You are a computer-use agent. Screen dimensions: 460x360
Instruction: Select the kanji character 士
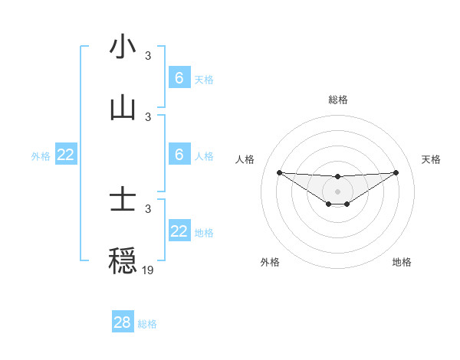123,200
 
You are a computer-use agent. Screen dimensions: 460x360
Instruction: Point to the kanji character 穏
123,261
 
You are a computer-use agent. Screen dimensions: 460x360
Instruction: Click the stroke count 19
148,270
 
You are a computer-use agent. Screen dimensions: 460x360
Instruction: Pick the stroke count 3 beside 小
148,55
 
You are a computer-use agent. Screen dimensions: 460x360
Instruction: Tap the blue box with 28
123,322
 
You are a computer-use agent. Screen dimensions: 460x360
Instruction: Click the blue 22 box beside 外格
66,155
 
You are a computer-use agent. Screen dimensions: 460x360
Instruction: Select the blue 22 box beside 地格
179,231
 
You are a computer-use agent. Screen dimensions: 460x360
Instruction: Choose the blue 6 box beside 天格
179,78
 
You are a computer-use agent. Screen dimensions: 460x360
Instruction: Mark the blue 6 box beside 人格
179,155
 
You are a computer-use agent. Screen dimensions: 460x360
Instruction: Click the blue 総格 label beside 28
147,324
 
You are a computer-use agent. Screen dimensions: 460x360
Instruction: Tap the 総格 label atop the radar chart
337,100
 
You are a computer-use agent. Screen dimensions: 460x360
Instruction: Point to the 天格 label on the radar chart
431,159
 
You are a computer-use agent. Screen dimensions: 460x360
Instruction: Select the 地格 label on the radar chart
402,262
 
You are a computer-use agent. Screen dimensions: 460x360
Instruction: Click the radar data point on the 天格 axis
396,172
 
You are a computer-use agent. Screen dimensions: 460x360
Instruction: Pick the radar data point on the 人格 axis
279,172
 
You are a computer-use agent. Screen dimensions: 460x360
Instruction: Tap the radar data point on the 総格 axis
337,177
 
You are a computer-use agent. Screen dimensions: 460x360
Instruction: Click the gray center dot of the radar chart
337,191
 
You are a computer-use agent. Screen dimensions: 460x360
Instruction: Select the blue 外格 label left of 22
41,155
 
